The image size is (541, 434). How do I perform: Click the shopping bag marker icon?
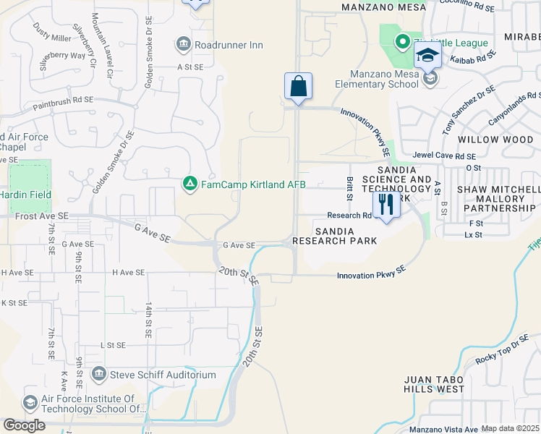(298, 87)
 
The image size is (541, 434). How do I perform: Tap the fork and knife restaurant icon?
(386, 205)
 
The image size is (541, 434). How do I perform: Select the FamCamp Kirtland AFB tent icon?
(189, 184)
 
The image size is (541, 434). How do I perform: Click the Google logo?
(24, 425)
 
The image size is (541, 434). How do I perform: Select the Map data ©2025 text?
(511, 428)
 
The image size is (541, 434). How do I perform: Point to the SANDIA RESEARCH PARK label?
(334, 236)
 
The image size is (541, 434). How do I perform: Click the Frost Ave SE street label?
(42, 216)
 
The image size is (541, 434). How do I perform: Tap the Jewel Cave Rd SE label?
(443, 156)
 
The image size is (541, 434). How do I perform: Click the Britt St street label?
(350, 189)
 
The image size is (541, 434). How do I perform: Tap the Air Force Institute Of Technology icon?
(30, 402)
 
